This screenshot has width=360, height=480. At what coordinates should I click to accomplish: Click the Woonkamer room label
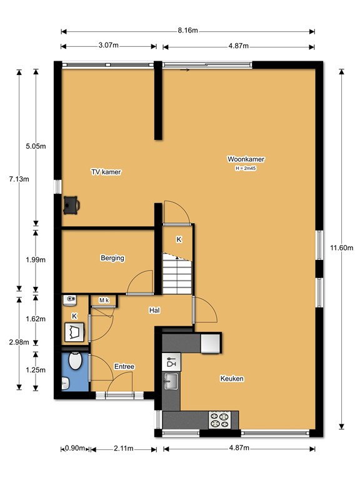click(x=246, y=159)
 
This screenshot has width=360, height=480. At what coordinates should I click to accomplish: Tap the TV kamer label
click(x=106, y=172)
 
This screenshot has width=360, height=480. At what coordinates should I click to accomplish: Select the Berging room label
click(x=112, y=258)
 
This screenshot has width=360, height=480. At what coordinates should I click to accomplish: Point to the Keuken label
click(x=232, y=379)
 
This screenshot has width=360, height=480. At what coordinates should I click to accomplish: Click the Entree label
click(x=124, y=366)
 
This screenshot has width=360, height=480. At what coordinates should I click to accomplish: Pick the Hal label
click(x=154, y=311)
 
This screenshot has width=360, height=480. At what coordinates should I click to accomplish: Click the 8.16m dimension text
click(x=187, y=30)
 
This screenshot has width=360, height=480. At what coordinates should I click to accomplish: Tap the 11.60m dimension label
click(x=341, y=247)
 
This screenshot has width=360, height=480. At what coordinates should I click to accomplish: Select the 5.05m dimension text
click(x=36, y=146)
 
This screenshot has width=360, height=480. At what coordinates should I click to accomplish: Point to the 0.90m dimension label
click(x=75, y=449)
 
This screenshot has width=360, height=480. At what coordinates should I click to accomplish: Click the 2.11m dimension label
click(x=124, y=449)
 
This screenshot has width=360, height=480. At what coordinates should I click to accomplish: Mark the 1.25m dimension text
click(x=36, y=370)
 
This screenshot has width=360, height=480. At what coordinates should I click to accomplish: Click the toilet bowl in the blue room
click(x=75, y=361)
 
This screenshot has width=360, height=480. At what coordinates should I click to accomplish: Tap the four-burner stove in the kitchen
click(x=220, y=420)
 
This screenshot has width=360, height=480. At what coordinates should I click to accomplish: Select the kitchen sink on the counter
click(x=171, y=381)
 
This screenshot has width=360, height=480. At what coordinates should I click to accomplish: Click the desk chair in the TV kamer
click(x=71, y=205)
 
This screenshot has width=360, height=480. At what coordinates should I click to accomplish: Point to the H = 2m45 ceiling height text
click(x=246, y=168)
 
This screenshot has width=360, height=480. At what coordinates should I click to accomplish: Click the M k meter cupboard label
click(x=104, y=300)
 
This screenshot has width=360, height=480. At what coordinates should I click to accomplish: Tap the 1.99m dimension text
click(x=36, y=260)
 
